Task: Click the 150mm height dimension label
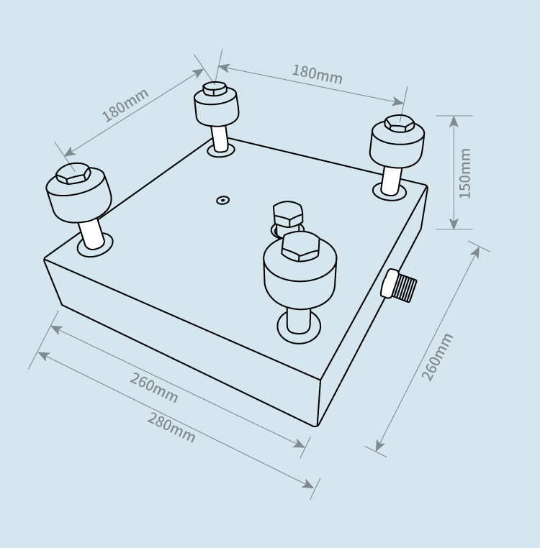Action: pos(465,173)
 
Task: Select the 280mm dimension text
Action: pos(171,428)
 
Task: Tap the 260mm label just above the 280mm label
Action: pos(154,388)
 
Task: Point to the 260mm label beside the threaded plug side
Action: pos(438,357)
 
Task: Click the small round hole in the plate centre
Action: pos(222,200)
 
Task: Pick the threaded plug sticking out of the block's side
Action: pos(399,285)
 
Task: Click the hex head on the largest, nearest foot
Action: pos(301,246)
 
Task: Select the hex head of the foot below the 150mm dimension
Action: pos(400,124)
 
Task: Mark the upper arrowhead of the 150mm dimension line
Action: pos(454,121)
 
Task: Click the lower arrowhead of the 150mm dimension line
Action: pos(454,224)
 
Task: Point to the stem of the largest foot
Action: pos(298,321)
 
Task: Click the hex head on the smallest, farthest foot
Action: pos(215,88)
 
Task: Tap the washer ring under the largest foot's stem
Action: pos(299,327)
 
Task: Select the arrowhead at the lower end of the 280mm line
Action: pos(309,484)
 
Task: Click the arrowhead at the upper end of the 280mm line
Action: pos(42,356)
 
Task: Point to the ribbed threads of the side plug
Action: pos(404,288)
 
